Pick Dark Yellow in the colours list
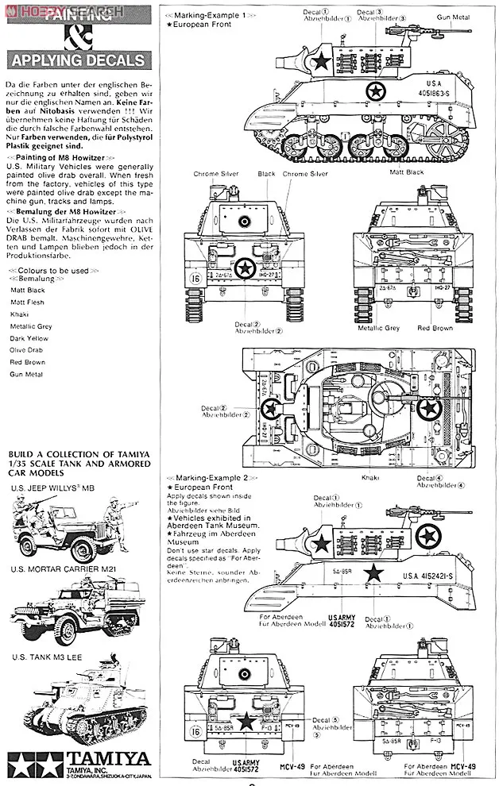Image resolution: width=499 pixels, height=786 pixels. [x=29, y=337]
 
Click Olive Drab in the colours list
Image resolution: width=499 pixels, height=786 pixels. [x=28, y=349]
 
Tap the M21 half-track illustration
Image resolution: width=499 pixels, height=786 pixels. [x=79, y=612]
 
